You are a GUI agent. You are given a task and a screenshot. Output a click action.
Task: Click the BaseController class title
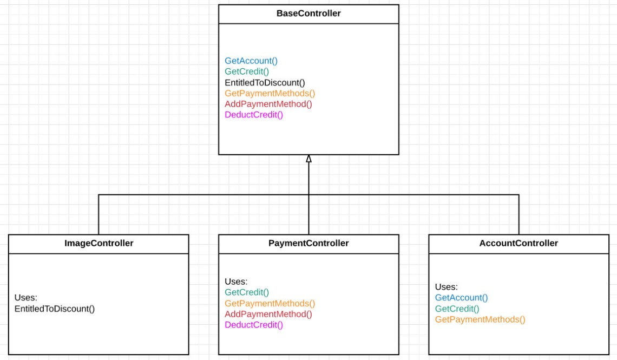click(x=308, y=14)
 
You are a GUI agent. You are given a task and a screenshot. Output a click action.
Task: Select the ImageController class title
click(x=99, y=244)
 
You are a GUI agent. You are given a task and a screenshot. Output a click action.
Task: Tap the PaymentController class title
click(x=308, y=244)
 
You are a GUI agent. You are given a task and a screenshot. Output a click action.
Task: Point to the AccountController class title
click(x=518, y=244)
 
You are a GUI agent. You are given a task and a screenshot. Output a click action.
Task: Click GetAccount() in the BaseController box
click(x=251, y=61)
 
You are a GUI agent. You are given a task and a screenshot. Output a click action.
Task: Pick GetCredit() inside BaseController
click(x=247, y=71)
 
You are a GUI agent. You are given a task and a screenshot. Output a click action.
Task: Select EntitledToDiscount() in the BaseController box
click(x=265, y=82)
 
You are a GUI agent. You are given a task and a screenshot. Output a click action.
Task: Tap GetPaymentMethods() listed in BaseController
click(x=270, y=93)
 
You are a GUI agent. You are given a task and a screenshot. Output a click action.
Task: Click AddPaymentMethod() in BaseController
click(x=268, y=104)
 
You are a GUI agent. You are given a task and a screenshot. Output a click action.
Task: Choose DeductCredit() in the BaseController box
click(x=254, y=115)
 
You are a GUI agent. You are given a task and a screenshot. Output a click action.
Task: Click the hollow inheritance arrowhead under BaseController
click(x=308, y=159)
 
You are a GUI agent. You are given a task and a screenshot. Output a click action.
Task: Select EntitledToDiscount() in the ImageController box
click(x=55, y=309)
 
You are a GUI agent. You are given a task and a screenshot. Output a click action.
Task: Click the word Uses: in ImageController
click(x=25, y=298)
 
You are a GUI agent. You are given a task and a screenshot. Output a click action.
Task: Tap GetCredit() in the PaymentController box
click(x=247, y=292)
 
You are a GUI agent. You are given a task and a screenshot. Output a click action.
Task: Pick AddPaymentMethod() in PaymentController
click(x=268, y=314)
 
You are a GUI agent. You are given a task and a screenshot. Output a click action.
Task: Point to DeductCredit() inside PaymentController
click(x=254, y=325)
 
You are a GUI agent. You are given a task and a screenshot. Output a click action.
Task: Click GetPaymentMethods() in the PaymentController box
click(x=270, y=303)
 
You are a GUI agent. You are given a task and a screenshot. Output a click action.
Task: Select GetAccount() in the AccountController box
click(x=461, y=298)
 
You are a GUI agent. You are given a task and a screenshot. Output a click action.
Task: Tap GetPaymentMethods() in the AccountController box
click(x=480, y=319)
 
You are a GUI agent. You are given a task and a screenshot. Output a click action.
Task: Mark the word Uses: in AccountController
click(x=447, y=287)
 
